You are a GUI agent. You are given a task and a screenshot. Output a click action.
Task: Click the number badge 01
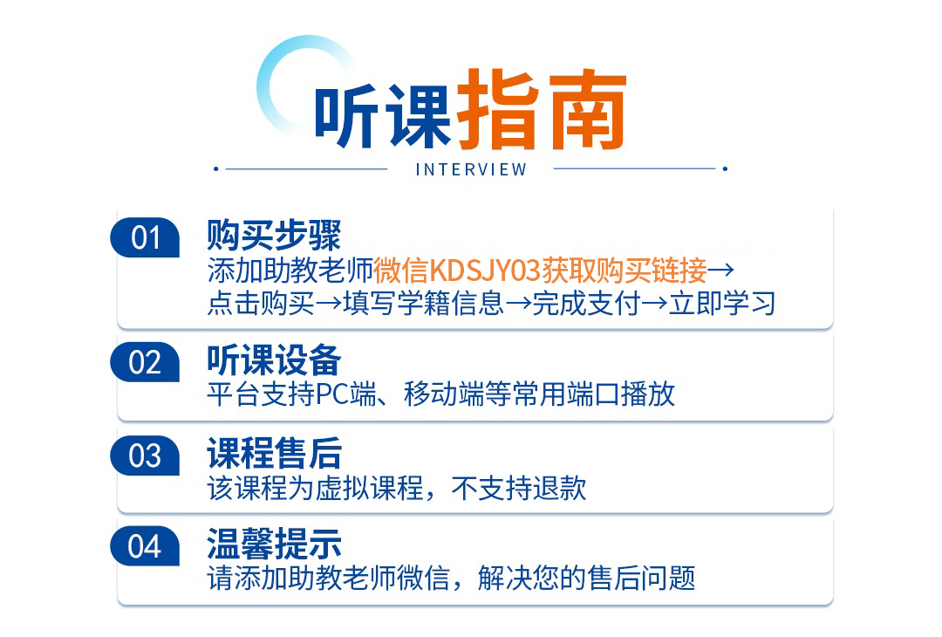point(145,237)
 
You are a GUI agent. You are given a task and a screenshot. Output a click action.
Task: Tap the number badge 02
point(145,362)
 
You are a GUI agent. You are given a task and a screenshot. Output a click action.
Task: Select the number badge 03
point(145,455)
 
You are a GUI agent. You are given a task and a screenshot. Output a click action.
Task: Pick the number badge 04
point(145,546)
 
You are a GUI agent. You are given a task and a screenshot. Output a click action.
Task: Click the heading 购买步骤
point(274,235)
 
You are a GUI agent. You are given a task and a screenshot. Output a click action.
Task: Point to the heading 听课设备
point(274,360)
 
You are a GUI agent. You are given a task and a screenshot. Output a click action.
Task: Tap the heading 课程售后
point(274,453)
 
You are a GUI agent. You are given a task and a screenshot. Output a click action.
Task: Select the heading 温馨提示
point(274,544)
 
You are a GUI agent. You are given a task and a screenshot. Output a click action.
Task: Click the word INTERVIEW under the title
point(472,170)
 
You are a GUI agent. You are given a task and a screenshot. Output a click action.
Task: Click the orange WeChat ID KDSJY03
point(486,271)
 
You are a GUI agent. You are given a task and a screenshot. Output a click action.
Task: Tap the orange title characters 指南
point(542,109)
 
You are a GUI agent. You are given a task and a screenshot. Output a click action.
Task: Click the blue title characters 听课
point(383,116)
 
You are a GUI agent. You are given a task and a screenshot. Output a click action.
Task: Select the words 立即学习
point(722,303)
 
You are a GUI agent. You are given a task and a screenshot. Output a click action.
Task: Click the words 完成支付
point(586,303)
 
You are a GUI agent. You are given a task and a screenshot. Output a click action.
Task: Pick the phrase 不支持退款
point(518,488)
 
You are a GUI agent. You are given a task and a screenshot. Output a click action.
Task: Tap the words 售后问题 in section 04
point(642,579)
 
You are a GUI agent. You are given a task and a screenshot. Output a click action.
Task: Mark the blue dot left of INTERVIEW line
point(216,169)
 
